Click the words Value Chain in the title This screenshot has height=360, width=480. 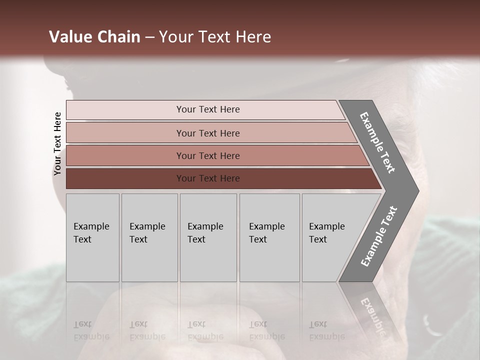pyautogui.click(x=94, y=37)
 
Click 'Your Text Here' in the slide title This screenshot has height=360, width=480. pyautogui.click(x=215, y=37)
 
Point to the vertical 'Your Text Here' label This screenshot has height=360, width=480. pyautogui.click(x=57, y=144)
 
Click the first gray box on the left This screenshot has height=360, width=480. pyautogui.click(x=92, y=237)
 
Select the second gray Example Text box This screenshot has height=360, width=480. pyautogui.click(x=149, y=237)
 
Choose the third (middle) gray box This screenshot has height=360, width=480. pyautogui.click(x=208, y=237)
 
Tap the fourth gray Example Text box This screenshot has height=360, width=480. pyautogui.click(x=269, y=237)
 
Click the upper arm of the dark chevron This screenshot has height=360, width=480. pyautogui.click(x=377, y=142)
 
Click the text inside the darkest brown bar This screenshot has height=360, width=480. pyautogui.click(x=208, y=178)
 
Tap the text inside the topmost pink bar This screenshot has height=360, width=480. pyautogui.click(x=208, y=109)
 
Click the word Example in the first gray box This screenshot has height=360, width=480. pyautogui.click(x=91, y=226)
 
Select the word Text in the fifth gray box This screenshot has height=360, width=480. pyautogui.click(x=317, y=239)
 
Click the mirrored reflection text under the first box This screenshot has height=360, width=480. pyautogui.click(x=91, y=330)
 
